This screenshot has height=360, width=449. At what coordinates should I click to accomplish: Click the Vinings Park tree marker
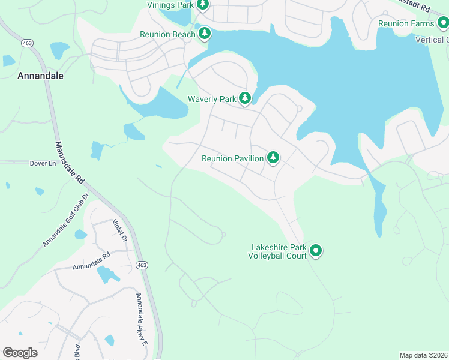point(203,5)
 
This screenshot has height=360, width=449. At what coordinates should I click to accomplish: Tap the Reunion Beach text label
point(167,34)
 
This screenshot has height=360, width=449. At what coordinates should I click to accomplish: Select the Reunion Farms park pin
point(443,23)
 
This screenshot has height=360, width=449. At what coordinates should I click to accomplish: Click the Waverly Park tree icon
point(244,98)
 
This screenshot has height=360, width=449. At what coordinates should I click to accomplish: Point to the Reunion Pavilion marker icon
point(273,158)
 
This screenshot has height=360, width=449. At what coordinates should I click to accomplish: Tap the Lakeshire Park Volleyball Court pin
point(316,251)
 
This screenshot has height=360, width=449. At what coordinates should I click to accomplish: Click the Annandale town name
point(40,76)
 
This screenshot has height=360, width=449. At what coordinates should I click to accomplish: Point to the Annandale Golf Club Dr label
point(66,220)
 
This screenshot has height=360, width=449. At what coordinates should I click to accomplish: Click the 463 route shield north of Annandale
point(27,43)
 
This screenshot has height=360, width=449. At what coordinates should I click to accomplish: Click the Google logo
point(20,353)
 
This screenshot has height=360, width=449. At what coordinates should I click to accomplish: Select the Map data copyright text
point(423,355)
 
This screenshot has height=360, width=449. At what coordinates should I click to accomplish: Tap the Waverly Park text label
point(211,98)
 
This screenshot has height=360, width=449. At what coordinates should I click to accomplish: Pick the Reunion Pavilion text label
point(232,158)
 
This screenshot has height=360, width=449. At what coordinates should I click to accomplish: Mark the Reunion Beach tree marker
point(205,34)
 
